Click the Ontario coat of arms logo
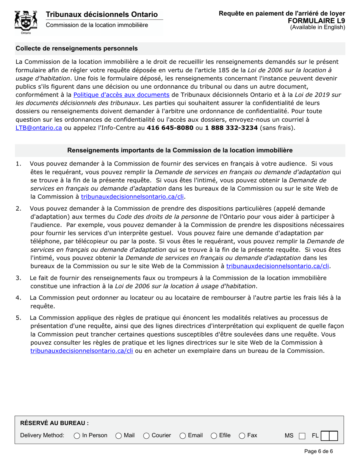26,22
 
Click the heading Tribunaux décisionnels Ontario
102,14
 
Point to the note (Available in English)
318,27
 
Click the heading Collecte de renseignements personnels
77,48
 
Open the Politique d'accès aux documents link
121,95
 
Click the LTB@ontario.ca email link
39,128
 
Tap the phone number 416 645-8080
170,128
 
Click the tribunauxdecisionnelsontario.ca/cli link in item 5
81,351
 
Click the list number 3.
18,278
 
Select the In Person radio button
77,436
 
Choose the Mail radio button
119,436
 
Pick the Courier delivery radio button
146,436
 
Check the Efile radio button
214,436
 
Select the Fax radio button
242,436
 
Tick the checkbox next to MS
302,436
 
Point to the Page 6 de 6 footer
318,451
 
